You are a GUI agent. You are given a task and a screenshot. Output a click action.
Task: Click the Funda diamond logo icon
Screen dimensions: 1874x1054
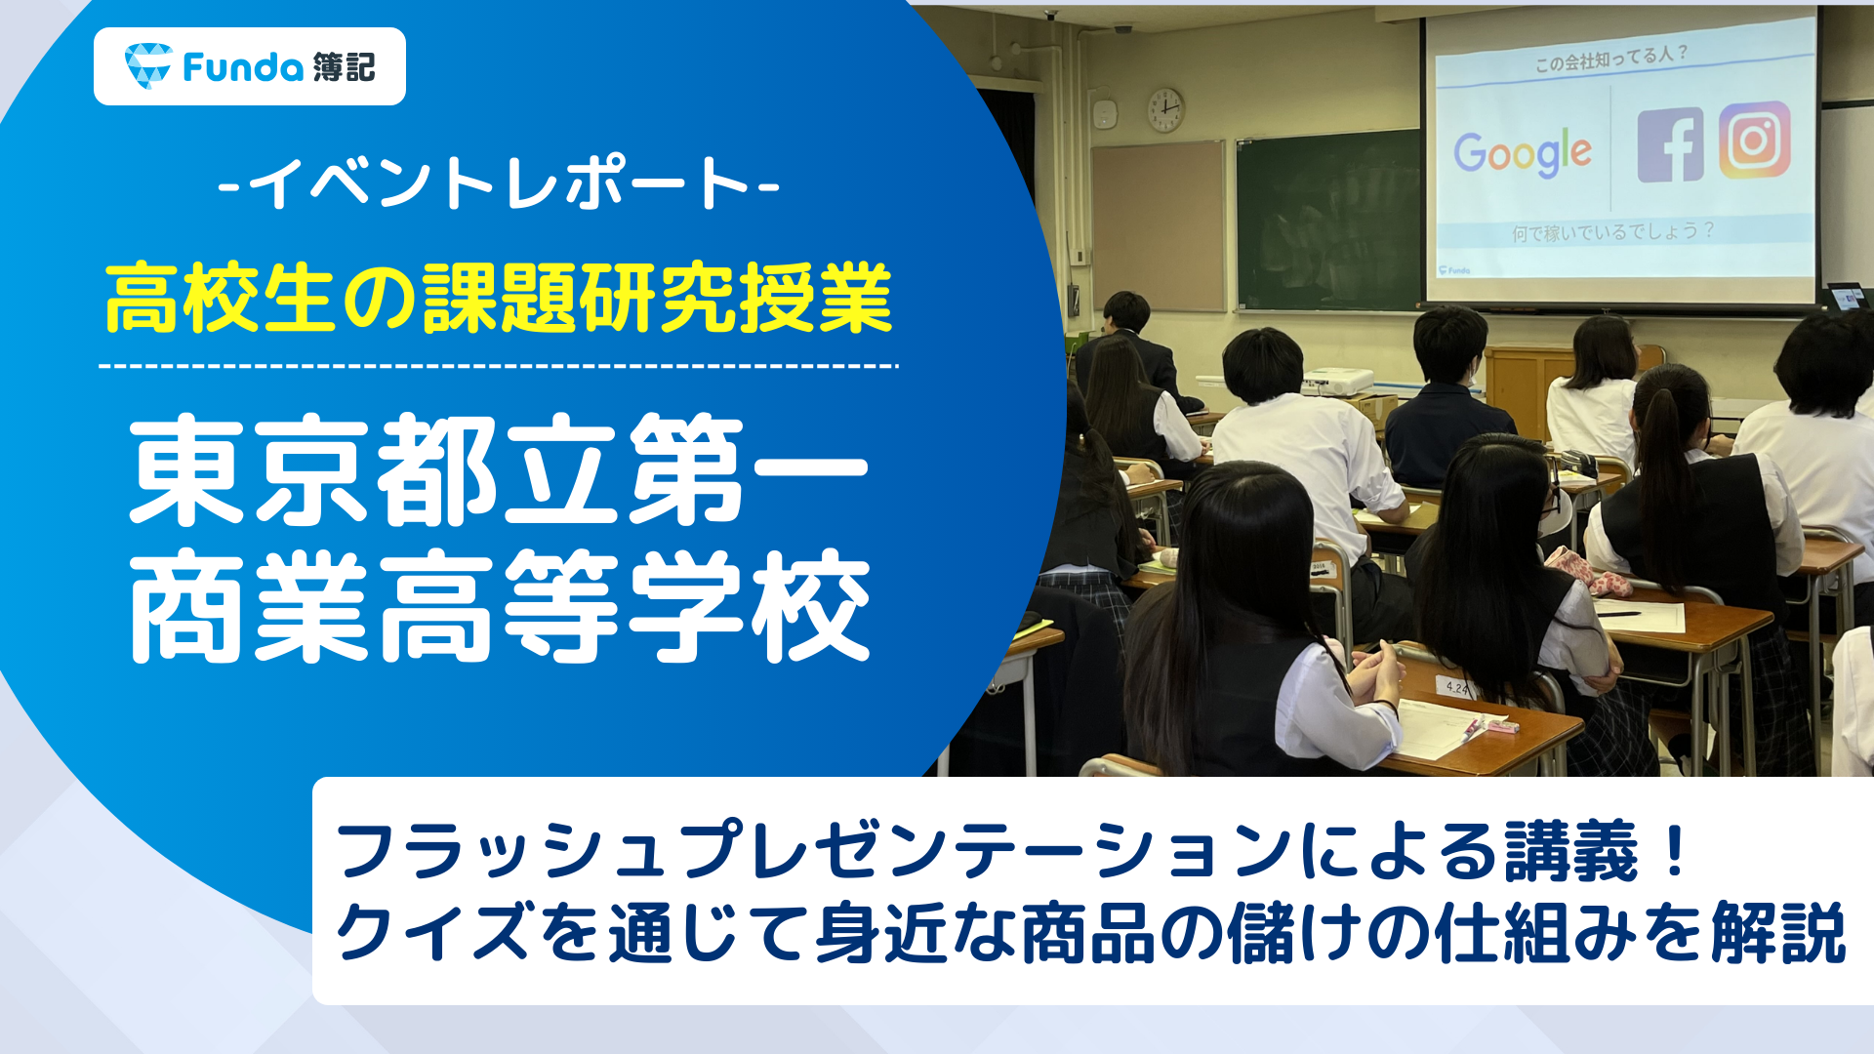click(147, 65)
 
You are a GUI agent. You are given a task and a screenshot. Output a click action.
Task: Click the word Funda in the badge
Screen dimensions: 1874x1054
click(243, 66)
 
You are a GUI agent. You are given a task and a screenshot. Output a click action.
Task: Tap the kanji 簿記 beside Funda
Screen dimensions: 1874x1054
click(345, 66)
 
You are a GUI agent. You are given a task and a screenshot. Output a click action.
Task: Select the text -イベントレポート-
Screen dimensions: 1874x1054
click(499, 182)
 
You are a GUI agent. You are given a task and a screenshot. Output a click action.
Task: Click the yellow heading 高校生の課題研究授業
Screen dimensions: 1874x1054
click(499, 299)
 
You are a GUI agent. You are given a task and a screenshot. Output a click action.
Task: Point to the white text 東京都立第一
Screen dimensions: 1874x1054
click(499, 470)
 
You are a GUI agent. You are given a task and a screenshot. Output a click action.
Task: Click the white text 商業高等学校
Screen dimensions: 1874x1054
click(499, 605)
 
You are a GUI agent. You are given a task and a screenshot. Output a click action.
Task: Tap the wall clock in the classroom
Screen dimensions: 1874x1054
click(1164, 109)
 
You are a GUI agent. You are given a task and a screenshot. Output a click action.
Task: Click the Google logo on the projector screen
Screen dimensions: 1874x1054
click(1523, 152)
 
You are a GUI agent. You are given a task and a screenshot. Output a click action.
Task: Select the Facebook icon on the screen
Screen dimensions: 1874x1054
click(1670, 144)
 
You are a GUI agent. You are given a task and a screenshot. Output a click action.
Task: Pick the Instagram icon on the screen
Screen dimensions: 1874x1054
click(1755, 140)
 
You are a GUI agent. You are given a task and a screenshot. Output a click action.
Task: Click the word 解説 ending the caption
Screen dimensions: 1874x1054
click(1778, 933)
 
